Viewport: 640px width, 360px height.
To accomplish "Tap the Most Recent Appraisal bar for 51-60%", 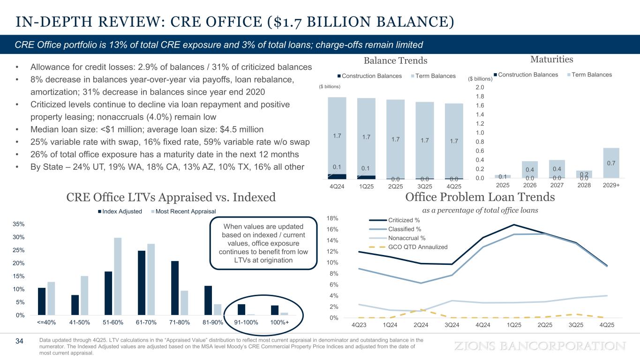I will (x=118, y=276).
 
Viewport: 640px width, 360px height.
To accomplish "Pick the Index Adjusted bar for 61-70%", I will (x=142, y=283).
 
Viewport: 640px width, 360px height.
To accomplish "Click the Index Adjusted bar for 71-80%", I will (x=175, y=288).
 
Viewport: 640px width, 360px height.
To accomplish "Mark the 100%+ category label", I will (x=280, y=322).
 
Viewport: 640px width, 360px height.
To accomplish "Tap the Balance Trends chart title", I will (x=396, y=60).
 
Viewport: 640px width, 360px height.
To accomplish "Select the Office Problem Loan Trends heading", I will (x=480, y=198).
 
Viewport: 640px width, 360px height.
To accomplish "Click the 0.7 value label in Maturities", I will (x=611, y=163).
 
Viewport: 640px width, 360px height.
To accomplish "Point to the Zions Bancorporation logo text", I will (x=541, y=346).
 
